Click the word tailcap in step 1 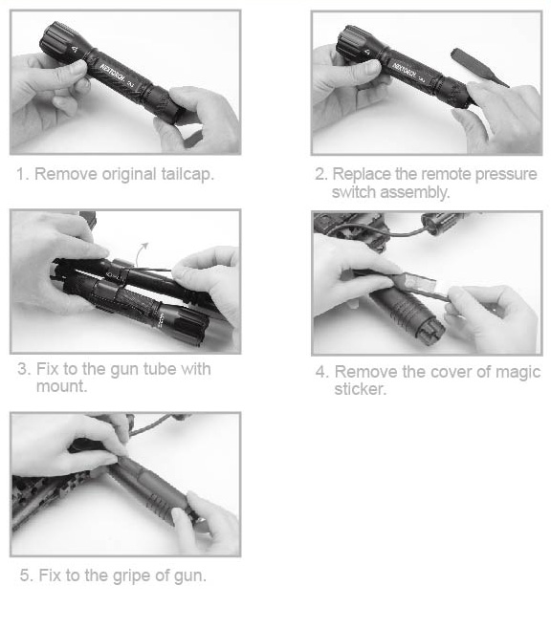point(187,175)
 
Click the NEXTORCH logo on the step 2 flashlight point(405,72)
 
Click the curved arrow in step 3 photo point(142,252)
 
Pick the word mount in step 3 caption point(61,386)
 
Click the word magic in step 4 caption point(518,373)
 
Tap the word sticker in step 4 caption point(360,389)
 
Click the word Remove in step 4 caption point(366,372)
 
